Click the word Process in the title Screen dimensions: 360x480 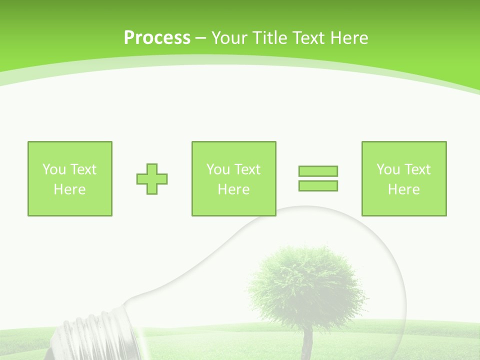(x=157, y=38)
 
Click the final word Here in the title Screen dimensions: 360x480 (x=350, y=38)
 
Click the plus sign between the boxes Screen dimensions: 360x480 (x=152, y=179)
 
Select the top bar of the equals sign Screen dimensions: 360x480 (x=318, y=171)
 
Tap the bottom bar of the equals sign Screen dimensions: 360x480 (x=318, y=185)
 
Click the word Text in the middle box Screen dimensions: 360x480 (x=247, y=169)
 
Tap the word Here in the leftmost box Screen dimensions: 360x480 (x=69, y=189)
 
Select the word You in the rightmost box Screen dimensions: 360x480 (x=388, y=169)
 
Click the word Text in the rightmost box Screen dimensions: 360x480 (x=417, y=169)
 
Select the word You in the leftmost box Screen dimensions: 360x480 (x=54, y=169)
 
